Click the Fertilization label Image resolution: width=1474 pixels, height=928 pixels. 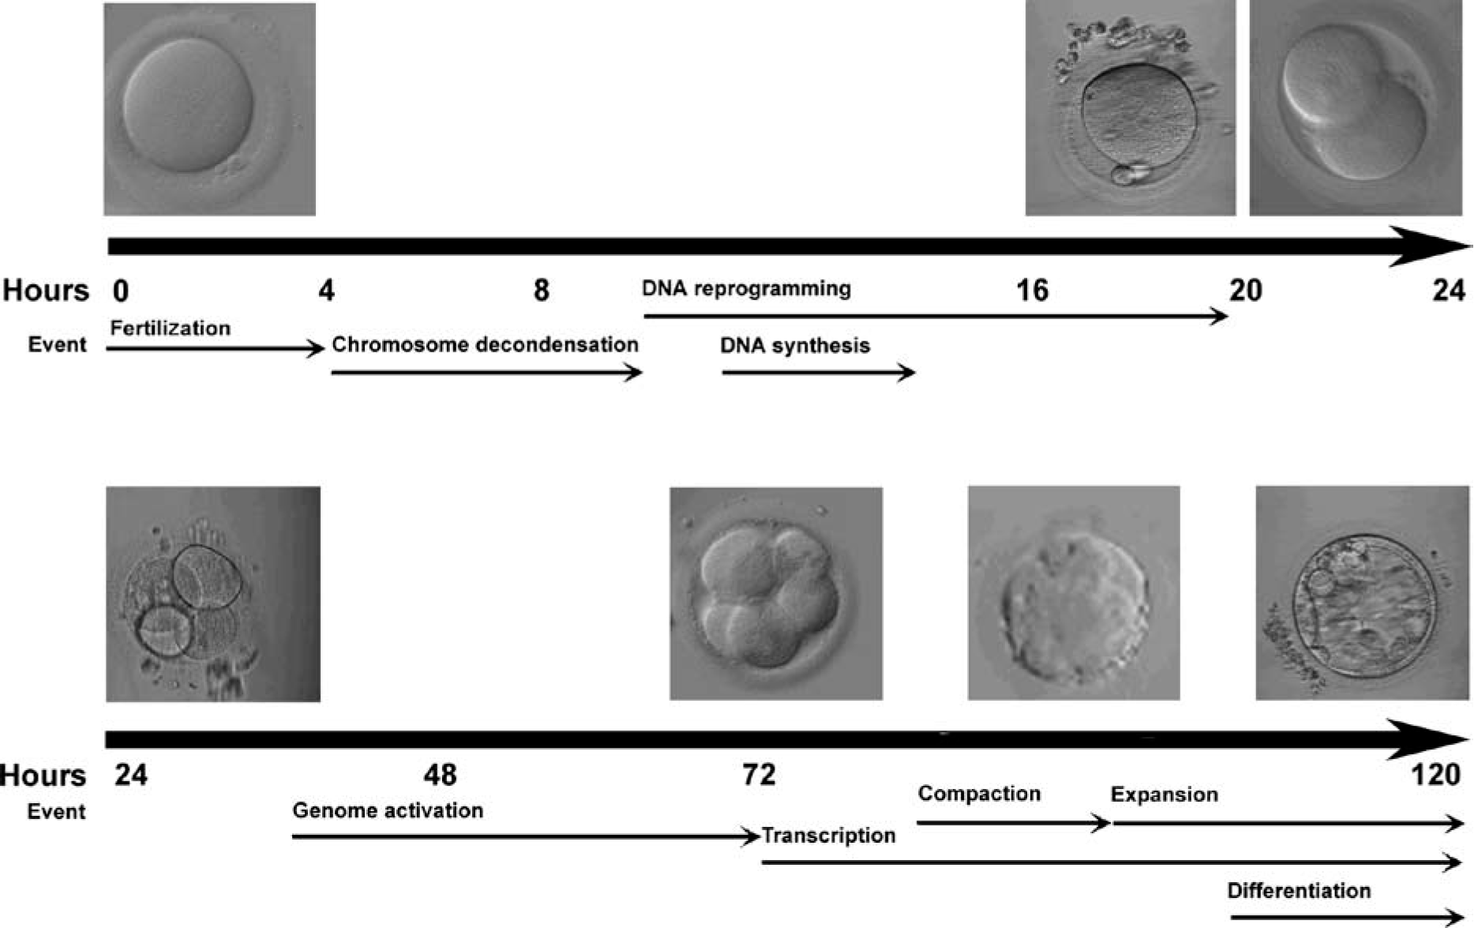[x=170, y=329]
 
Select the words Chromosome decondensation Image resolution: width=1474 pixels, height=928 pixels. [x=485, y=345]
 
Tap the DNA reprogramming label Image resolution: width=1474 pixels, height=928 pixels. [x=746, y=288]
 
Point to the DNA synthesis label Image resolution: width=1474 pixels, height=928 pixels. [x=794, y=346]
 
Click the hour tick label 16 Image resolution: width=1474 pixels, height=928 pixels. [x=1032, y=291]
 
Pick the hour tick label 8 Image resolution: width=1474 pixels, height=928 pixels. [x=541, y=291]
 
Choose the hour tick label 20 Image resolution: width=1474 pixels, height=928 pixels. [x=1245, y=291]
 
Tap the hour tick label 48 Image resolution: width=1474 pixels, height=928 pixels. [x=440, y=775]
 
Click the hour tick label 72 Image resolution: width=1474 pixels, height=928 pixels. [x=759, y=775]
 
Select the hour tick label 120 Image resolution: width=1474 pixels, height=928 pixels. [x=1435, y=775]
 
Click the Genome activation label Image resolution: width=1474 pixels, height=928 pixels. [x=388, y=811]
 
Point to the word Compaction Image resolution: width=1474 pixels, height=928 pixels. [x=979, y=794]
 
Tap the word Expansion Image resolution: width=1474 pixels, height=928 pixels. [x=1164, y=795]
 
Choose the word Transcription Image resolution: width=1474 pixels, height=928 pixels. [x=829, y=836]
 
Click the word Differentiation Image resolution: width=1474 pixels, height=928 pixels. [x=1299, y=891]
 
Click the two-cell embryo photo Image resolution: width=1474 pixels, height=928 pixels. [x=1355, y=109]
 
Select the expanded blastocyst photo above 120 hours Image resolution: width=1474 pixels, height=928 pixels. [x=1362, y=593]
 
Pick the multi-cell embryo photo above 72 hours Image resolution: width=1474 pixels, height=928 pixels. [x=776, y=593]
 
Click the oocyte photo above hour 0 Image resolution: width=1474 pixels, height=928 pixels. [x=209, y=109]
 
